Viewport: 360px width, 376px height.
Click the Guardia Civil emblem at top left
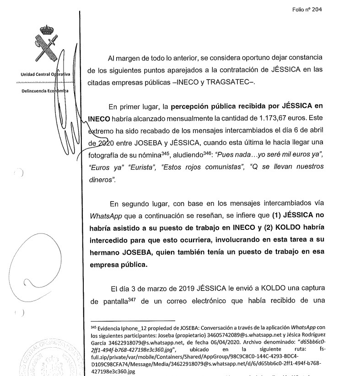[43, 42]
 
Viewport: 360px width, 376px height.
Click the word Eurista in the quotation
[144, 168]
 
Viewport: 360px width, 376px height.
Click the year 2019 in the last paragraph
[181, 289]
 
